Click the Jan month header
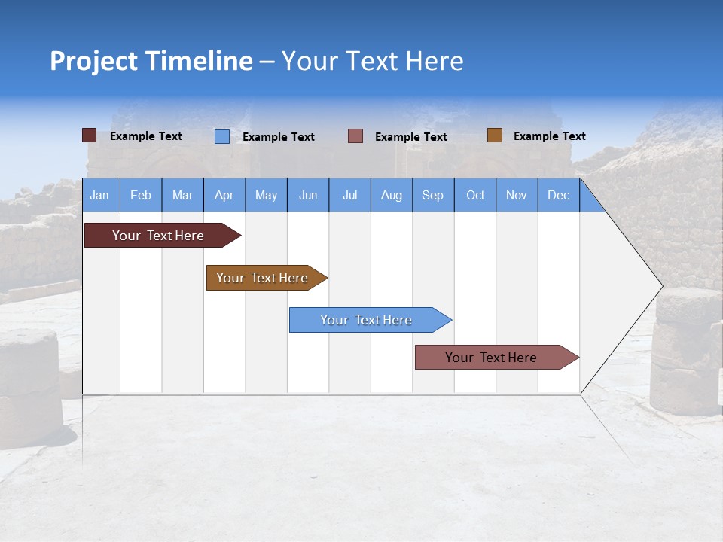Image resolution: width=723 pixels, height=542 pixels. point(99,196)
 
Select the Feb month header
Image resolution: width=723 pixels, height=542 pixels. point(141,196)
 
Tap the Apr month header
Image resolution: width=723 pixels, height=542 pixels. point(224,196)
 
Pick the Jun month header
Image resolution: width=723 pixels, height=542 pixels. point(308,196)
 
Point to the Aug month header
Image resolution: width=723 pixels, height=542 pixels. point(392,196)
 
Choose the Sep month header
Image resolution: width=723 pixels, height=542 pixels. point(433,196)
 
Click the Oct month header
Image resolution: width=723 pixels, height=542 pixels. point(475,196)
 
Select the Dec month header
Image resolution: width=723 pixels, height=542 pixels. point(559,196)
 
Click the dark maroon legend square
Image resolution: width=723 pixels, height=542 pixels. point(89,135)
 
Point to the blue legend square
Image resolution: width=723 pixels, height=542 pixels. point(222,136)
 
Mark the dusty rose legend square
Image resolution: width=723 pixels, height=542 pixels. point(355,136)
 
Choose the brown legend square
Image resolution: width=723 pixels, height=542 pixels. point(494,135)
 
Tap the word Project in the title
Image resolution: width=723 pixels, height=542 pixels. point(93,61)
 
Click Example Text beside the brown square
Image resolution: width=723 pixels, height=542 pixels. point(549,136)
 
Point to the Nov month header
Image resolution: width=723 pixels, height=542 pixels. point(517,196)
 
